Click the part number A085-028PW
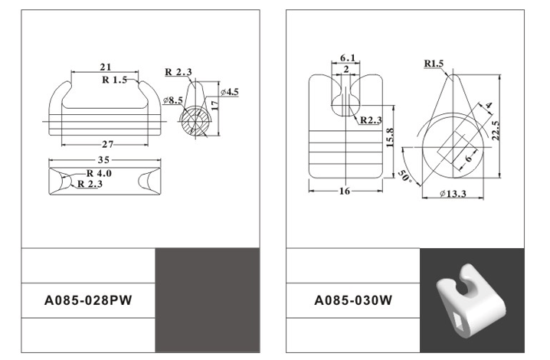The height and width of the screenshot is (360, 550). tap(89, 300)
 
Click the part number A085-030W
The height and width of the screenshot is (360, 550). tap(353, 300)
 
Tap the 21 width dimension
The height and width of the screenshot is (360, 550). tap(107, 67)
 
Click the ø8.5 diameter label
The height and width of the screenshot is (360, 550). tap(172, 100)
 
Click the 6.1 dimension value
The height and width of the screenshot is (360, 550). tap(347, 58)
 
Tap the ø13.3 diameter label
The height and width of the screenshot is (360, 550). tap(453, 194)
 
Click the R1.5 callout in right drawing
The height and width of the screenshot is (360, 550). tap(434, 64)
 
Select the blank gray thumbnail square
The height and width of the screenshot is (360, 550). tap(207, 299)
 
